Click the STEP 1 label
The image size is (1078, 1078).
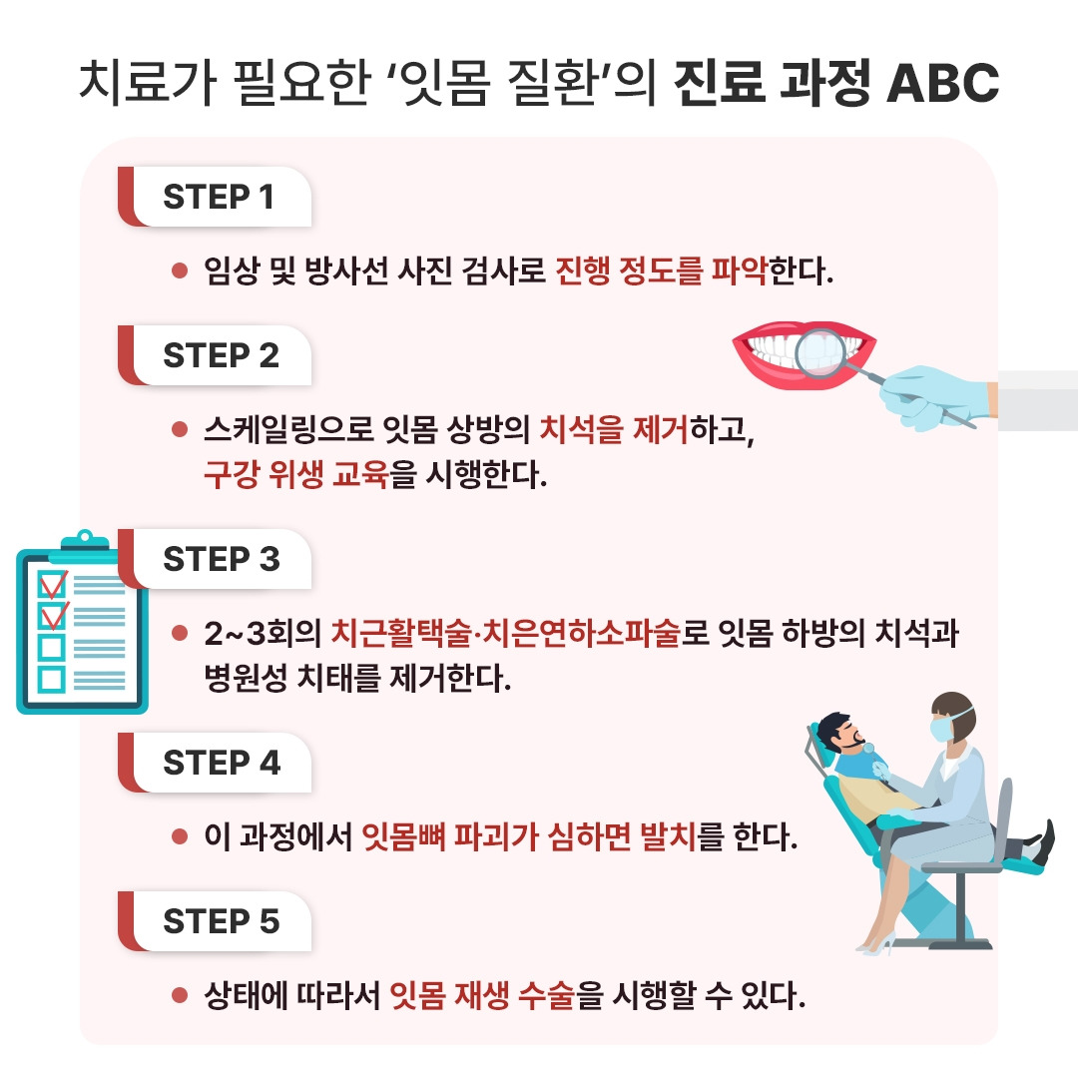[218, 197]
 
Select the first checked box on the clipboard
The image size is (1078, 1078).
[52, 583]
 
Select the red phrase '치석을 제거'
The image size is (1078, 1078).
[613, 429]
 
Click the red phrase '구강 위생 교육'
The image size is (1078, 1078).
[295, 473]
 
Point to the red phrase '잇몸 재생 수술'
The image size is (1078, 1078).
[483, 994]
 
